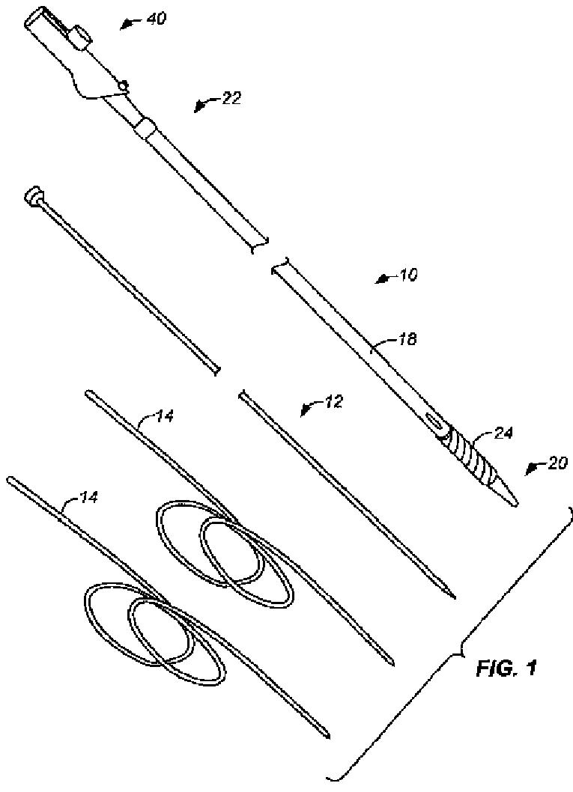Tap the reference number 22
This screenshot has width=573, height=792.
(x=231, y=98)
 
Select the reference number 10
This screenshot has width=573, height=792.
(x=408, y=274)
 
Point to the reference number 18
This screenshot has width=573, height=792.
(x=406, y=341)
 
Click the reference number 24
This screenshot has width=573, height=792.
(x=503, y=432)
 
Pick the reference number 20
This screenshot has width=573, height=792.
(x=558, y=463)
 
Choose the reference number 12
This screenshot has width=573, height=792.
(x=333, y=402)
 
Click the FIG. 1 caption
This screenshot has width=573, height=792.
(x=506, y=668)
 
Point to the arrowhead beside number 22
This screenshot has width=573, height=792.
(x=198, y=107)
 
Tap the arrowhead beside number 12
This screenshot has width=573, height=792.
(x=305, y=410)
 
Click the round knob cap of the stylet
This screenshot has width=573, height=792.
(x=34, y=197)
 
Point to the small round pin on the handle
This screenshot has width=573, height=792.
(x=125, y=85)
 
